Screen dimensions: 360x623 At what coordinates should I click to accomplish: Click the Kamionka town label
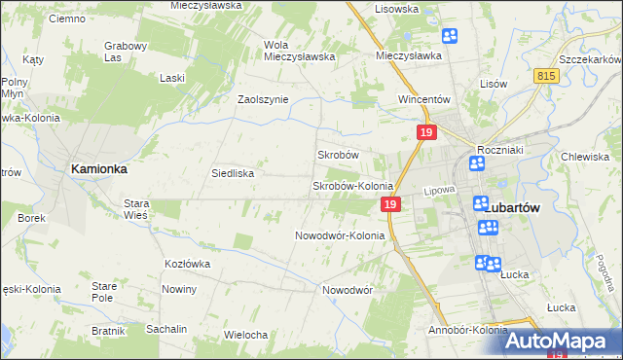click(98, 168)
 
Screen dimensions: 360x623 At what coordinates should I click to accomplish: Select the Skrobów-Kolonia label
click(351, 186)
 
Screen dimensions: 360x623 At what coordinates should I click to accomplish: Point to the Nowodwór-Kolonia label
click(340, 235)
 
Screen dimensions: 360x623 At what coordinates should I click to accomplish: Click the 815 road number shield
click(546, 74)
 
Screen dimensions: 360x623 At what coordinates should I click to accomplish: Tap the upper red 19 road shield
click(425, 132)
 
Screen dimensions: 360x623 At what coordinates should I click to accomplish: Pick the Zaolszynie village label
click(264, 99)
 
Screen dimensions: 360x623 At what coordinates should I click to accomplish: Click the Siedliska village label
click(234, 173)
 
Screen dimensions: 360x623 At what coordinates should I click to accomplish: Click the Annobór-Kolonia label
click(467, 330)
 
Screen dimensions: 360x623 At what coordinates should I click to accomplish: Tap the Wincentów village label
click(422, 99)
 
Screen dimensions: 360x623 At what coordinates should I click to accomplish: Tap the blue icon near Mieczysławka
click(450, 37)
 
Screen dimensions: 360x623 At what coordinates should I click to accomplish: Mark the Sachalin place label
click(166, 329)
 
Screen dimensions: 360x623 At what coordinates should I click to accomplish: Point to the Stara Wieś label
click(135, 209)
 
